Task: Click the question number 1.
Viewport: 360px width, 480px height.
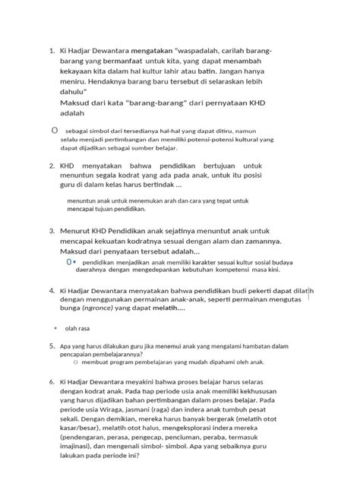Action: pyautogui.click(x=51, y=51)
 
